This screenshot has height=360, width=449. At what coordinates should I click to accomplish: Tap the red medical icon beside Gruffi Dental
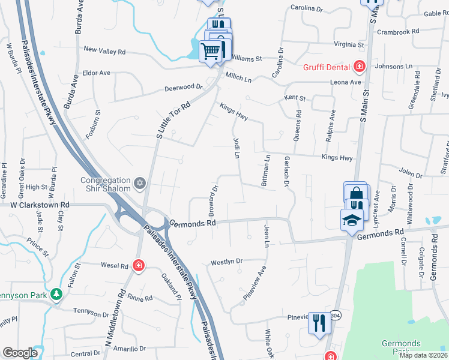click(x=360, y=65)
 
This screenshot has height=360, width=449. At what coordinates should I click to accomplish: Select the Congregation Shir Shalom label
click(x=106, y=184)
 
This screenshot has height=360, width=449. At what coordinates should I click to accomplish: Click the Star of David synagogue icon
click(x=140, y=183)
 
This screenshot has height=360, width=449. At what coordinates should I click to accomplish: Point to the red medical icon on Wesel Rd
click(x=139, y=265)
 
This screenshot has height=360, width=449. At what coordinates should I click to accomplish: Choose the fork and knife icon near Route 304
click(x=319, y=324)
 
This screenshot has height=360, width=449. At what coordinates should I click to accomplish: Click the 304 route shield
click(x=336, y=315)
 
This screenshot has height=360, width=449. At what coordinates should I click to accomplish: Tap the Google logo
click(x=20, y=353)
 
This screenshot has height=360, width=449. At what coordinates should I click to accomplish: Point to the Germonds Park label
click(x=400, y=346)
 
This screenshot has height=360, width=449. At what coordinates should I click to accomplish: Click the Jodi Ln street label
click(x=237, y=148)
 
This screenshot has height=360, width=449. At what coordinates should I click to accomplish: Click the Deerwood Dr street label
click(x=184, y=88)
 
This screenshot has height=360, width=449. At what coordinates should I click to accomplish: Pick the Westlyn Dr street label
click(x=226, y=262)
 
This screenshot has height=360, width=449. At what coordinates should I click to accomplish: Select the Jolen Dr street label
click(x=411, y=174)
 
